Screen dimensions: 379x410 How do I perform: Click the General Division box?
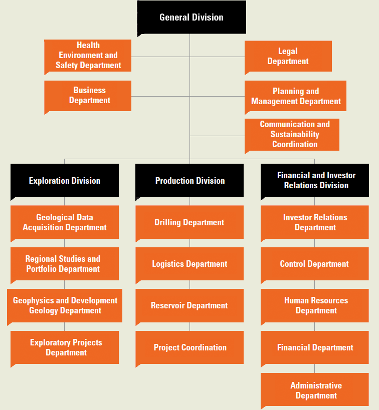click(192, 17)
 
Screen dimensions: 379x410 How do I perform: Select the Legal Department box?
click(288, 56)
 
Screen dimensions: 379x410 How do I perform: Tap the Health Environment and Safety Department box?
click(88, 56)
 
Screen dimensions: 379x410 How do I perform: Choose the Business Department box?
click(88, 96)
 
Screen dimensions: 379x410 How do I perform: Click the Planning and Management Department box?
click(295, 96)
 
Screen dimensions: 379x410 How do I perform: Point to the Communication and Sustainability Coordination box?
click(292, 135)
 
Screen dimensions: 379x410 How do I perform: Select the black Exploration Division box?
click(65, 180)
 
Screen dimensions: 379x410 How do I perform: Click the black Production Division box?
click(189, 180)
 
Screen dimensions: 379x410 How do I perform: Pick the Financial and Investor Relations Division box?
click(315, 180)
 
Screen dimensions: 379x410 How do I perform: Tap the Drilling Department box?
click(189, 222)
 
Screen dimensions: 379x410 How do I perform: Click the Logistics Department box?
click(189, 264)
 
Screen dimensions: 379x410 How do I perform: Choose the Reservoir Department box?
click(189, 305)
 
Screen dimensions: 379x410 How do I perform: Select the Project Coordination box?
click(189, 347)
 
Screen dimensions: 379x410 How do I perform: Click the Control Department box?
click(315, 264)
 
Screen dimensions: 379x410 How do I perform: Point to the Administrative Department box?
click(315, 390)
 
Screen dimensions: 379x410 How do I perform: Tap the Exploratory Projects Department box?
click(65, 347)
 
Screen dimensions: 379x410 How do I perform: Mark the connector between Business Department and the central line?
click(160, 96)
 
